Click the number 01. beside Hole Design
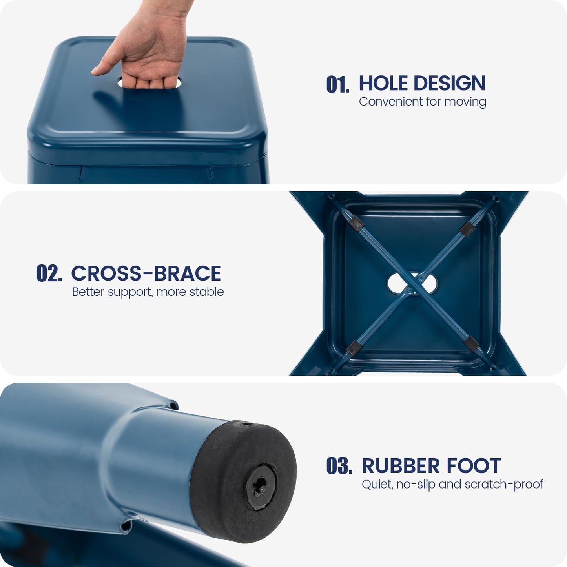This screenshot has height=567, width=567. click(x=338, y=84)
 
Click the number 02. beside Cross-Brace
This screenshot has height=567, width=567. click(x=49, y=273)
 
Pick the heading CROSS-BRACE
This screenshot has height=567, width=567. click(x=146, y=273)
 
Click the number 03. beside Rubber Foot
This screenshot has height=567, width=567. click(x=339, y=466)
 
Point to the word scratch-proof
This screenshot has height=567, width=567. click(x=504, y=485)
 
